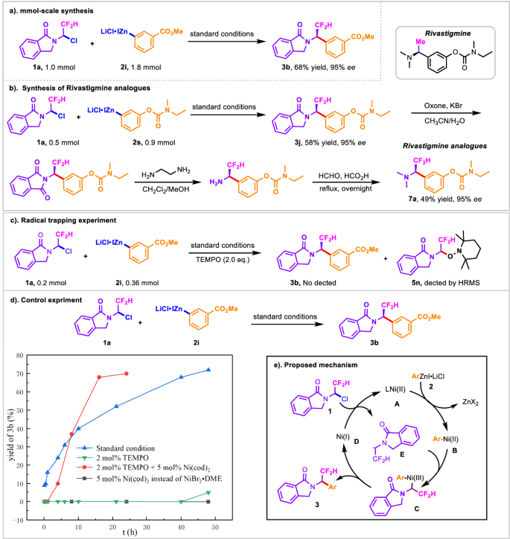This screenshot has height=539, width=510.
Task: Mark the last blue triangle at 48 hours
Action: tap(208, 369)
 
